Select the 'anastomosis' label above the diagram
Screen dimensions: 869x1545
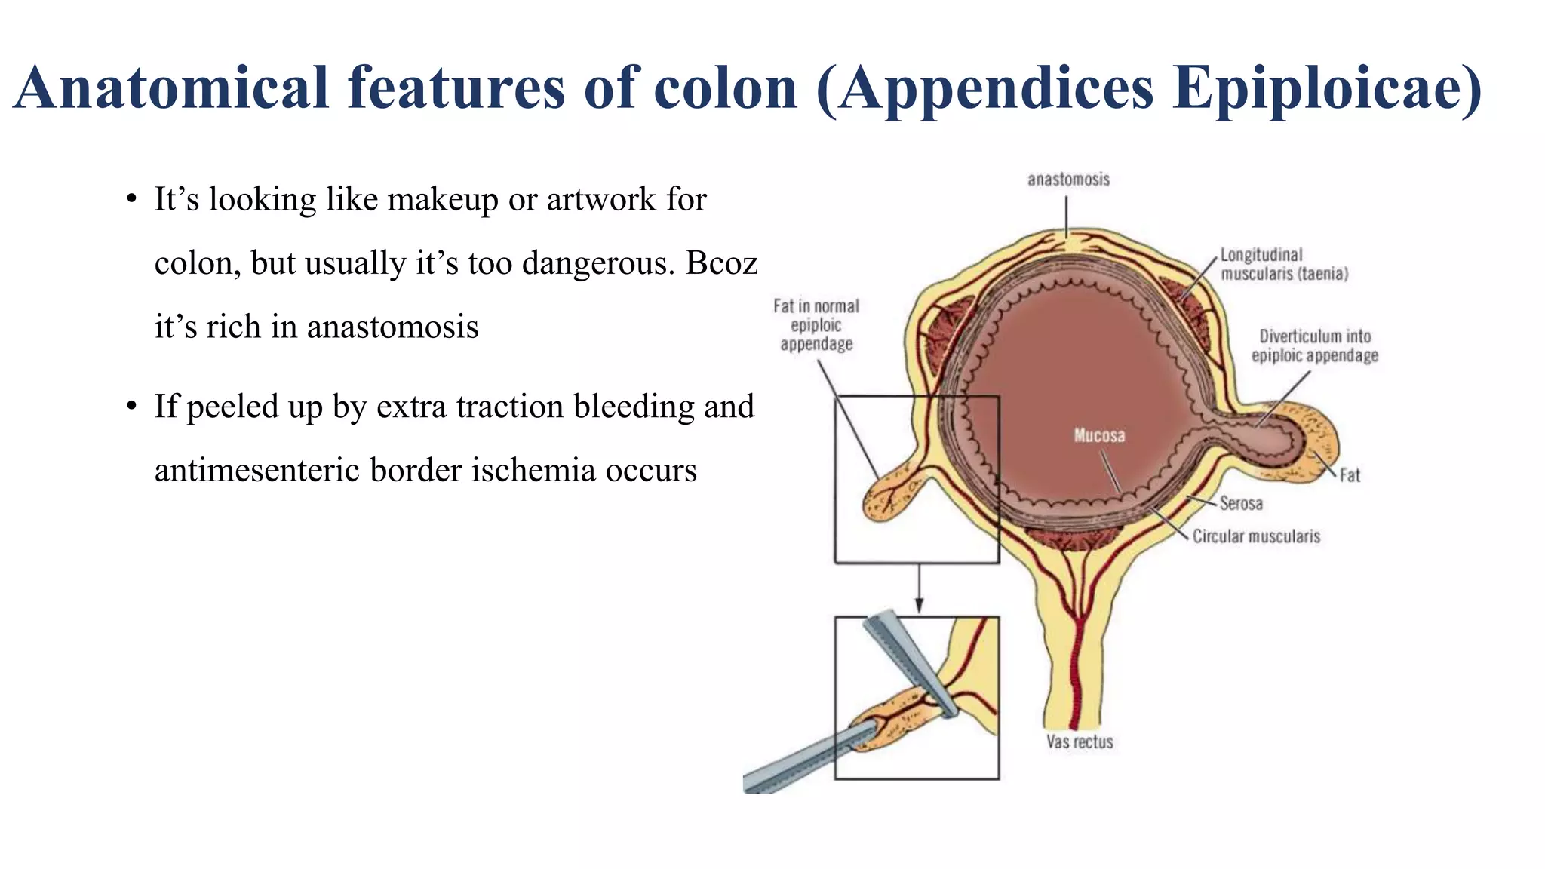pyautogui.click(x=1068, y=180)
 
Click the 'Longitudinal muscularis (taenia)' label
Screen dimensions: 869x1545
pyautogui.click(x=1284, y=265)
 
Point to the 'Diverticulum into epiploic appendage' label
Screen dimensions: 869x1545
pyautogui.click(x=1314, y=346)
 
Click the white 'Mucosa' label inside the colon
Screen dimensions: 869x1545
pyautogui.click(x=1099, y=435)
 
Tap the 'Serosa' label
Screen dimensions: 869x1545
pyautogui.click(x=1241, y=503)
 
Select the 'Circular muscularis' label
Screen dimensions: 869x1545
pyautogui.click(x=1256, y=536)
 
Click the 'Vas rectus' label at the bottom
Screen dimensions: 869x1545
pyautogui.click(x=1080, y=742)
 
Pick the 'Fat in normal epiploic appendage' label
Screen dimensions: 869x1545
pyautogui.click(x=816, y=325)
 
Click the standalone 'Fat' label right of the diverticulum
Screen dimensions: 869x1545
pyautogui.click(x=1350, y=475)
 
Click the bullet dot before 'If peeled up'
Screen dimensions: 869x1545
pyautogui.click(x=132, y=407)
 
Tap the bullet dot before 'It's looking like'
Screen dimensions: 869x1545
pyautogui.click(x=132, y=200)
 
